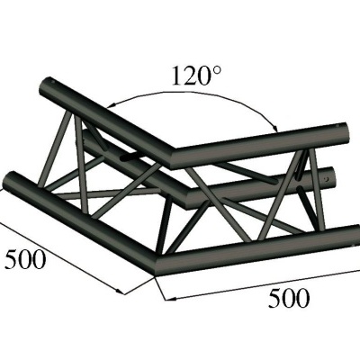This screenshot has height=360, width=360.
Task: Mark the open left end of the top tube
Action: (46, 90)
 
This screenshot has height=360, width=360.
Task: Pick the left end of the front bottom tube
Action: (13, 183)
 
